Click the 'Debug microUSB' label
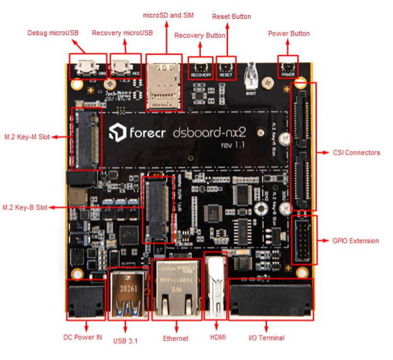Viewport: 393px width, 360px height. pos(52,33)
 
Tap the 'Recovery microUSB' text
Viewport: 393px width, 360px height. pos(122,33)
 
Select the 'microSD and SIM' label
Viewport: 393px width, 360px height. pos(168,15)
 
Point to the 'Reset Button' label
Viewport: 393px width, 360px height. pos(231,17)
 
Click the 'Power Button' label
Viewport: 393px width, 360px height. pos(288,33)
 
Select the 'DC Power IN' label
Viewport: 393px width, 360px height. pos(83,337)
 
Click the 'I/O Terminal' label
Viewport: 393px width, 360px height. pos(266,337)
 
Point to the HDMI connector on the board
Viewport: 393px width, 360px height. pos(215,287)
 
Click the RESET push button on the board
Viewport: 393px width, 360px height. pos(226,67)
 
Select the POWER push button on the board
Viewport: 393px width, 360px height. pos(287,67)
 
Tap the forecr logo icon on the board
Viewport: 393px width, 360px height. pos(118,133)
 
